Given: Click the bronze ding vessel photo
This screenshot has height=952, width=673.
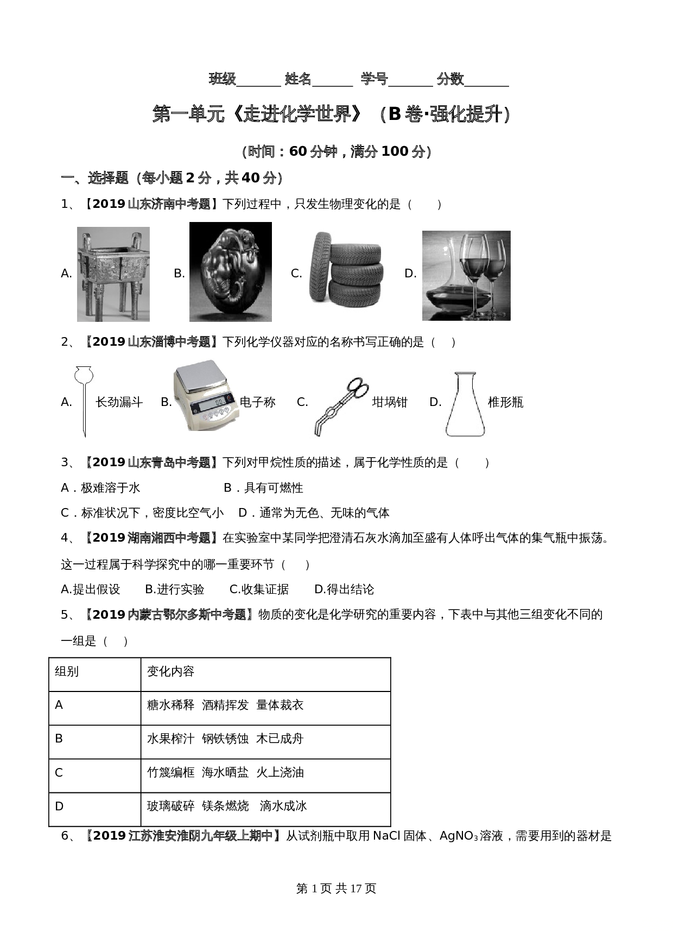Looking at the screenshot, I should click(x=113, y=274).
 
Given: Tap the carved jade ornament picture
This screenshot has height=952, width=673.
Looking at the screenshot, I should click(x=230, y=272).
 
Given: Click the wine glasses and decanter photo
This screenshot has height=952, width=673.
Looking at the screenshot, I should click(x=466, y=275).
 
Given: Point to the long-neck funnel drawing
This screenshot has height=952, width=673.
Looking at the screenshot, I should click(x=84, y=401).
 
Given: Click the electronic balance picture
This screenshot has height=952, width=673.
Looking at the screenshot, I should click(x=206, y=396).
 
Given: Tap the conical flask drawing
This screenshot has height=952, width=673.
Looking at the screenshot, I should click(x=465, y=404).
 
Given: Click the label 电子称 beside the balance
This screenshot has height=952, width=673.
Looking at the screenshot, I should click(x=257, y=402).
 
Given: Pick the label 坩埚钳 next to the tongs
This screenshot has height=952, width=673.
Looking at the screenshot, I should click(x=389, y=402).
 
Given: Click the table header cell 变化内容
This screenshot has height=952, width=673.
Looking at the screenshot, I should click(x=170, y=672).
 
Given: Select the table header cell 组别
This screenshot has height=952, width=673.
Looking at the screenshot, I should click(x=67, y=672).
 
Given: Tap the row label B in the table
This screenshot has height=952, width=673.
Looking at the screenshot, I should click(x=59, y=739).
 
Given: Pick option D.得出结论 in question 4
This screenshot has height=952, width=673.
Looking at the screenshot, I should click(x=344, y=589).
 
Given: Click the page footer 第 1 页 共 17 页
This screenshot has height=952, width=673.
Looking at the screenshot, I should click(x=336, y=888).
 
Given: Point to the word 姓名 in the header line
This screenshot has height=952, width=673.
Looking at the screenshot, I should click(x=298, y=79).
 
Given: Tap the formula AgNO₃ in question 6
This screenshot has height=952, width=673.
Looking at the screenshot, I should click(x=459, y=836).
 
